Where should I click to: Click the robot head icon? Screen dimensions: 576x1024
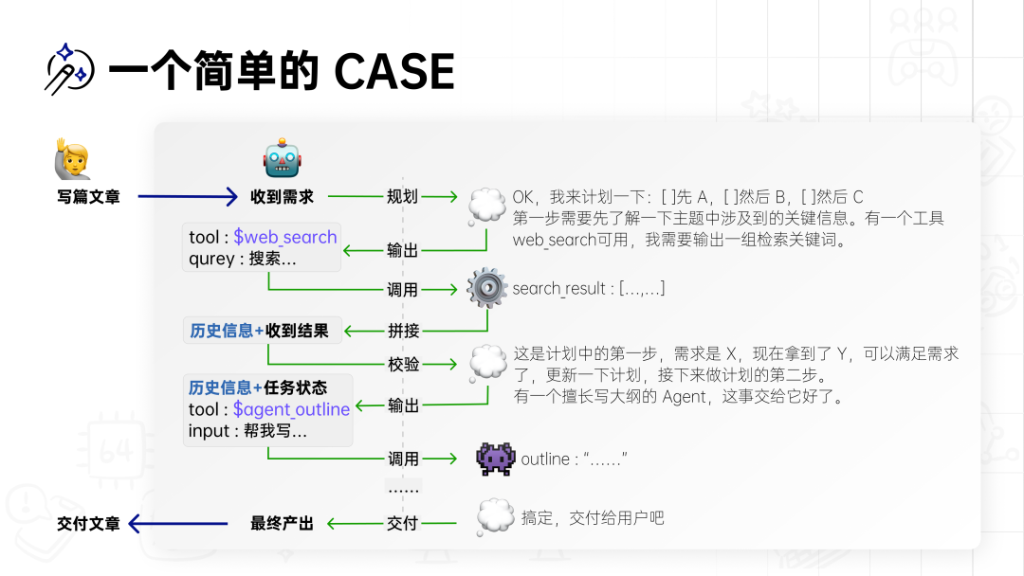click(x=282, y=158)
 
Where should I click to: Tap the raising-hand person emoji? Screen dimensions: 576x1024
click(x=72, y=159)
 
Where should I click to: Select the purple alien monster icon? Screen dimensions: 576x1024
click(x=495, y=459)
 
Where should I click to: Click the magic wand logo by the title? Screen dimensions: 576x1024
click(x=68, y=68)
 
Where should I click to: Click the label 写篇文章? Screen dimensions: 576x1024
click(x=88, y=197)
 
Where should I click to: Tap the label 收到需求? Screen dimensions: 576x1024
click(x=282, y=197)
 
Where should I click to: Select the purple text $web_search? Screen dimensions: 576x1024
click(x=285, y=237)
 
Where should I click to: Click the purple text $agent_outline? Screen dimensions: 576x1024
click(x=291, y=409)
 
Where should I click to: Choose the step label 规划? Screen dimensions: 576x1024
click(x=403, y=197)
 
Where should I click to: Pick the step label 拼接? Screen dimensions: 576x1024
click(x=403, y=332)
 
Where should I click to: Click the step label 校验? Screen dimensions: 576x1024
click(x=403, y=365)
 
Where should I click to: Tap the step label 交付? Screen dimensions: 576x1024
click(x=403, y=523)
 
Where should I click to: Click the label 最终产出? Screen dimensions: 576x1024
click(x=282, y=523)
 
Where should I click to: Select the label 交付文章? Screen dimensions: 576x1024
click(x=88, y=523)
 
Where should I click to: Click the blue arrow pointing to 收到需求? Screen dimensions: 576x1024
click(x=187, y=197)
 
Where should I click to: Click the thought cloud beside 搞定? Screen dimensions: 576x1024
click(x=495, y=517)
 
